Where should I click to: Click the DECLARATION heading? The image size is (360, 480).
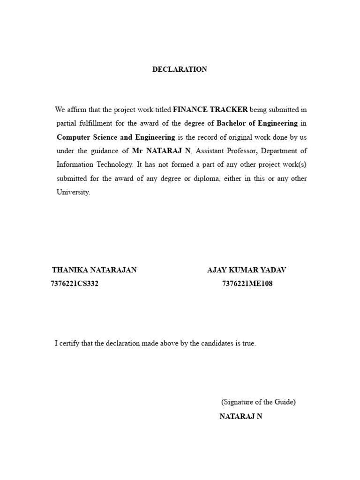coord(180,69)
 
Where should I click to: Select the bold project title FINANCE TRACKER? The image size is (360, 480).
coord(210,110)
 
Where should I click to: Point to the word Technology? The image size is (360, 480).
coord(112,165)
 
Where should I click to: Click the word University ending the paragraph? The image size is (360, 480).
coord(73,192)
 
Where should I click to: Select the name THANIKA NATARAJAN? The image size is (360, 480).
coord(94,270)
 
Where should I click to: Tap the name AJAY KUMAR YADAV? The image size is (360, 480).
coord(247,270)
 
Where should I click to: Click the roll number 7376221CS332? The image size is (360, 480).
coord(75,284)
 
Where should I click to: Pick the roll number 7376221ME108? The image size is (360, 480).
coord(247,284)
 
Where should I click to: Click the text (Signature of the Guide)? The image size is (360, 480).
coord(258,402)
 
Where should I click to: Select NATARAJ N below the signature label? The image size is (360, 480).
coord(241,417)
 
